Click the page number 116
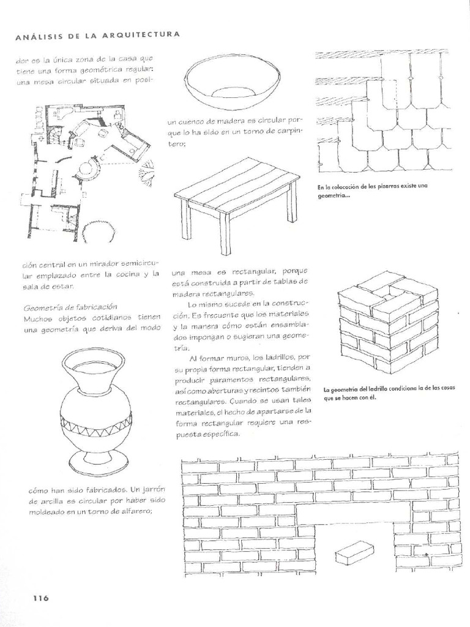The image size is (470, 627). (x=37, y=598)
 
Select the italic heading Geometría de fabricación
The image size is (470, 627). (x=70, y=306)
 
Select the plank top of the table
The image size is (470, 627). (x=237, y=184)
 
